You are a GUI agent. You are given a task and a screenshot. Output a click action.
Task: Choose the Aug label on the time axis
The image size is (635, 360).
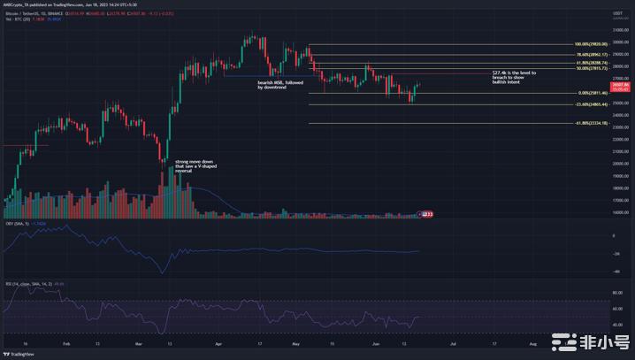pyautogui.click(x=532, y=341)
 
